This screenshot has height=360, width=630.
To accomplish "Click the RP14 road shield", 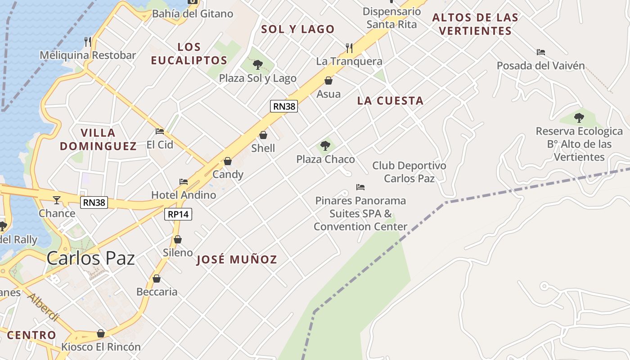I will (x=178, y=214).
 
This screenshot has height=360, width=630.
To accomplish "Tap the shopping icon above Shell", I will (x=263, y=135).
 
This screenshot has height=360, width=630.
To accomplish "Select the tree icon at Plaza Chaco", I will (x=325, y=146).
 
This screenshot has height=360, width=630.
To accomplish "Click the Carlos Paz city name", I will (x=91, y=258).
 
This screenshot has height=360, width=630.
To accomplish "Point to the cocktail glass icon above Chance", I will (x=57, y=200).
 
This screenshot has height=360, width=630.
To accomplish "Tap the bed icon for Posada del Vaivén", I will (x=541, y=52).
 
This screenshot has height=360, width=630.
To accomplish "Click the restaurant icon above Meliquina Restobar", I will (x=88, y=42).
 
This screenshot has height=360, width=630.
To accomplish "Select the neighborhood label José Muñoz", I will (x=237, y=260).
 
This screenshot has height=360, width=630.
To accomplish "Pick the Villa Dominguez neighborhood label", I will (x=98, y=139).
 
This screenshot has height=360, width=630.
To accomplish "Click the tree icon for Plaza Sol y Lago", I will (x=257, y=65).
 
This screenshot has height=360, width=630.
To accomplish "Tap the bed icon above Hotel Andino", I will (x=184, y=182).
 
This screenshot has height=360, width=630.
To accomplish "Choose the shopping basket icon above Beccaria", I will (x=157, y=279).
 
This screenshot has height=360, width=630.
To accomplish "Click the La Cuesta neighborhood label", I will (x=390, y=101).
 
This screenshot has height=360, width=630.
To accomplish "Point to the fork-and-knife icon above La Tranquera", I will (x=349, y=48).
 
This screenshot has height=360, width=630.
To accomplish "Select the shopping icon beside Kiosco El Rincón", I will (x=101, y=333).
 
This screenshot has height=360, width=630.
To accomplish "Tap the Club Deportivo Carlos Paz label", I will (x=409, y=172).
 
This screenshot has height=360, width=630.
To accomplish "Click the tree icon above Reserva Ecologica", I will (x=579, y=118).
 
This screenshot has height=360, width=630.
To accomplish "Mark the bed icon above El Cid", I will (x=160, y=131).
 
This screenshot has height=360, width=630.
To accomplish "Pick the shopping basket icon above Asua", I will (x=328, y=81).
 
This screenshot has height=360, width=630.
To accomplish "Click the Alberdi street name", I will (x=43, y=307).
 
